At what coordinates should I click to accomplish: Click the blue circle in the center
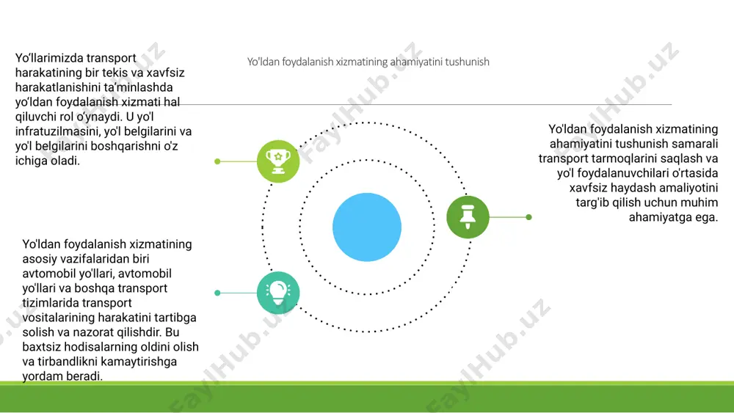367,227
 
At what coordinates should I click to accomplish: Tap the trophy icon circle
278,161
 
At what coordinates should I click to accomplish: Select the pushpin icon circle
468,217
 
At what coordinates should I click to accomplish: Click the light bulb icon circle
278,293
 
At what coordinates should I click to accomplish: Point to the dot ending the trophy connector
217,161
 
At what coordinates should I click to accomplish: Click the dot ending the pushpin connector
529,217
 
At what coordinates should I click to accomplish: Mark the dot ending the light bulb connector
217,293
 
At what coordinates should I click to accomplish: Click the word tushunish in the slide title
467,62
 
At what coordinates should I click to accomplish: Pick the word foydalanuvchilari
624,173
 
